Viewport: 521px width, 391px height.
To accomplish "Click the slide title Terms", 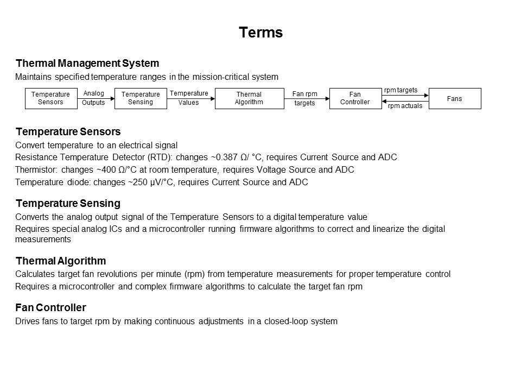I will [x=260, y=33].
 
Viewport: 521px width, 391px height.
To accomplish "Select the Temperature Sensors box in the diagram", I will [x=50, y=98].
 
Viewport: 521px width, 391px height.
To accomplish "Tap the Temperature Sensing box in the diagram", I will [x=141, y=98].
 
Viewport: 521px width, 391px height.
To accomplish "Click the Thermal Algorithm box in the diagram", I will [x=249, y=98].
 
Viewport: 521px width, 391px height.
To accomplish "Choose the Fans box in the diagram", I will [x=455, y=98].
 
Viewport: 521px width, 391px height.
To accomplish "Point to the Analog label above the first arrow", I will [x=94, y=93].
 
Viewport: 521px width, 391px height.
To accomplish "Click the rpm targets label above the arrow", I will [x=401, y=90].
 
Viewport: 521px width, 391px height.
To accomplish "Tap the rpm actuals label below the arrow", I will [x=405, y=106].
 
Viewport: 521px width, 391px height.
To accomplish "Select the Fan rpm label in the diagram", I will [x=304, y=94].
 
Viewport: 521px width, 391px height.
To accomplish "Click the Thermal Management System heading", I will [x=87, y=64].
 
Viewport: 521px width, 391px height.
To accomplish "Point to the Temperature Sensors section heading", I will [x=68, y=132].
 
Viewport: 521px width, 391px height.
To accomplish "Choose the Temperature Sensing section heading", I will [x=68, y=204].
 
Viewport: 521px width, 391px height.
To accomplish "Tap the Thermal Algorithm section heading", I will [x=61, y=261].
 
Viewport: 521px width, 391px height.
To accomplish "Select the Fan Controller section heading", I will [x=51, y=308].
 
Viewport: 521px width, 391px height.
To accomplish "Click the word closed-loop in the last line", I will [x=285, y=321].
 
